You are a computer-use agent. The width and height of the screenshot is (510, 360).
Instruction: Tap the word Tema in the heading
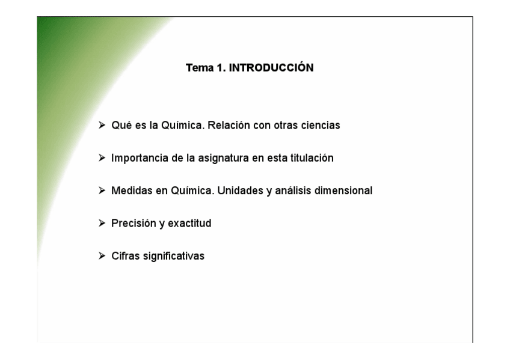198,68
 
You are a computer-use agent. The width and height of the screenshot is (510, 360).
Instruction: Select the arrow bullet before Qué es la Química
103,126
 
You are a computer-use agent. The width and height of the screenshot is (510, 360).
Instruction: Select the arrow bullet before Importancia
103,159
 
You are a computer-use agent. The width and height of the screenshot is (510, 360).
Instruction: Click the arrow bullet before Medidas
103,191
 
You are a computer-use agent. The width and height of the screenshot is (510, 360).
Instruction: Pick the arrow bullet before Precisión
103,224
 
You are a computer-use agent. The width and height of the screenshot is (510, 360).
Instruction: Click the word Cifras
124,256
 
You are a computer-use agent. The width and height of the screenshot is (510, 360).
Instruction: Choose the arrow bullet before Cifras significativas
103,256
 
